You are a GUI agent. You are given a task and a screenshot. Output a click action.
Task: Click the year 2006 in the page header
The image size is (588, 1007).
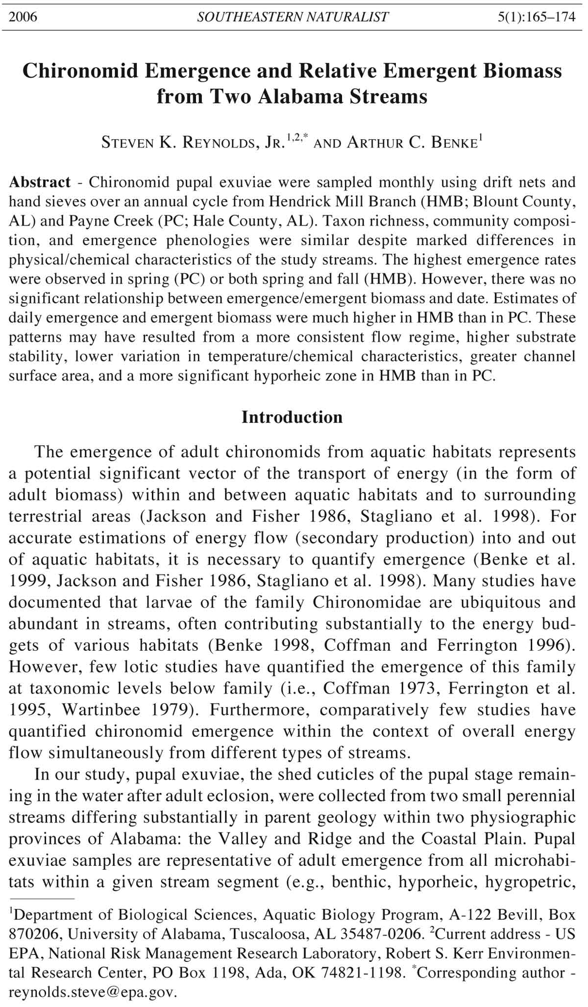point(23,17)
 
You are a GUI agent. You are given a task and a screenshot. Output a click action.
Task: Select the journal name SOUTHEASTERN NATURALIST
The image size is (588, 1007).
point(293,17)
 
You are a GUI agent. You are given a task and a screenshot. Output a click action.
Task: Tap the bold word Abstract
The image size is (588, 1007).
point(40,182)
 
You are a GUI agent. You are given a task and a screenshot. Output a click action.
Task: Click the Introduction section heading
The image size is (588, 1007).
point(292,417)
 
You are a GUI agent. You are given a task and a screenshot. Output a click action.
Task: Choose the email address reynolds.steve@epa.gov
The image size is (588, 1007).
point(93,992)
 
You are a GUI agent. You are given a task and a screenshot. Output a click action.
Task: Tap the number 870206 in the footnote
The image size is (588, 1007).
point(31,933)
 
